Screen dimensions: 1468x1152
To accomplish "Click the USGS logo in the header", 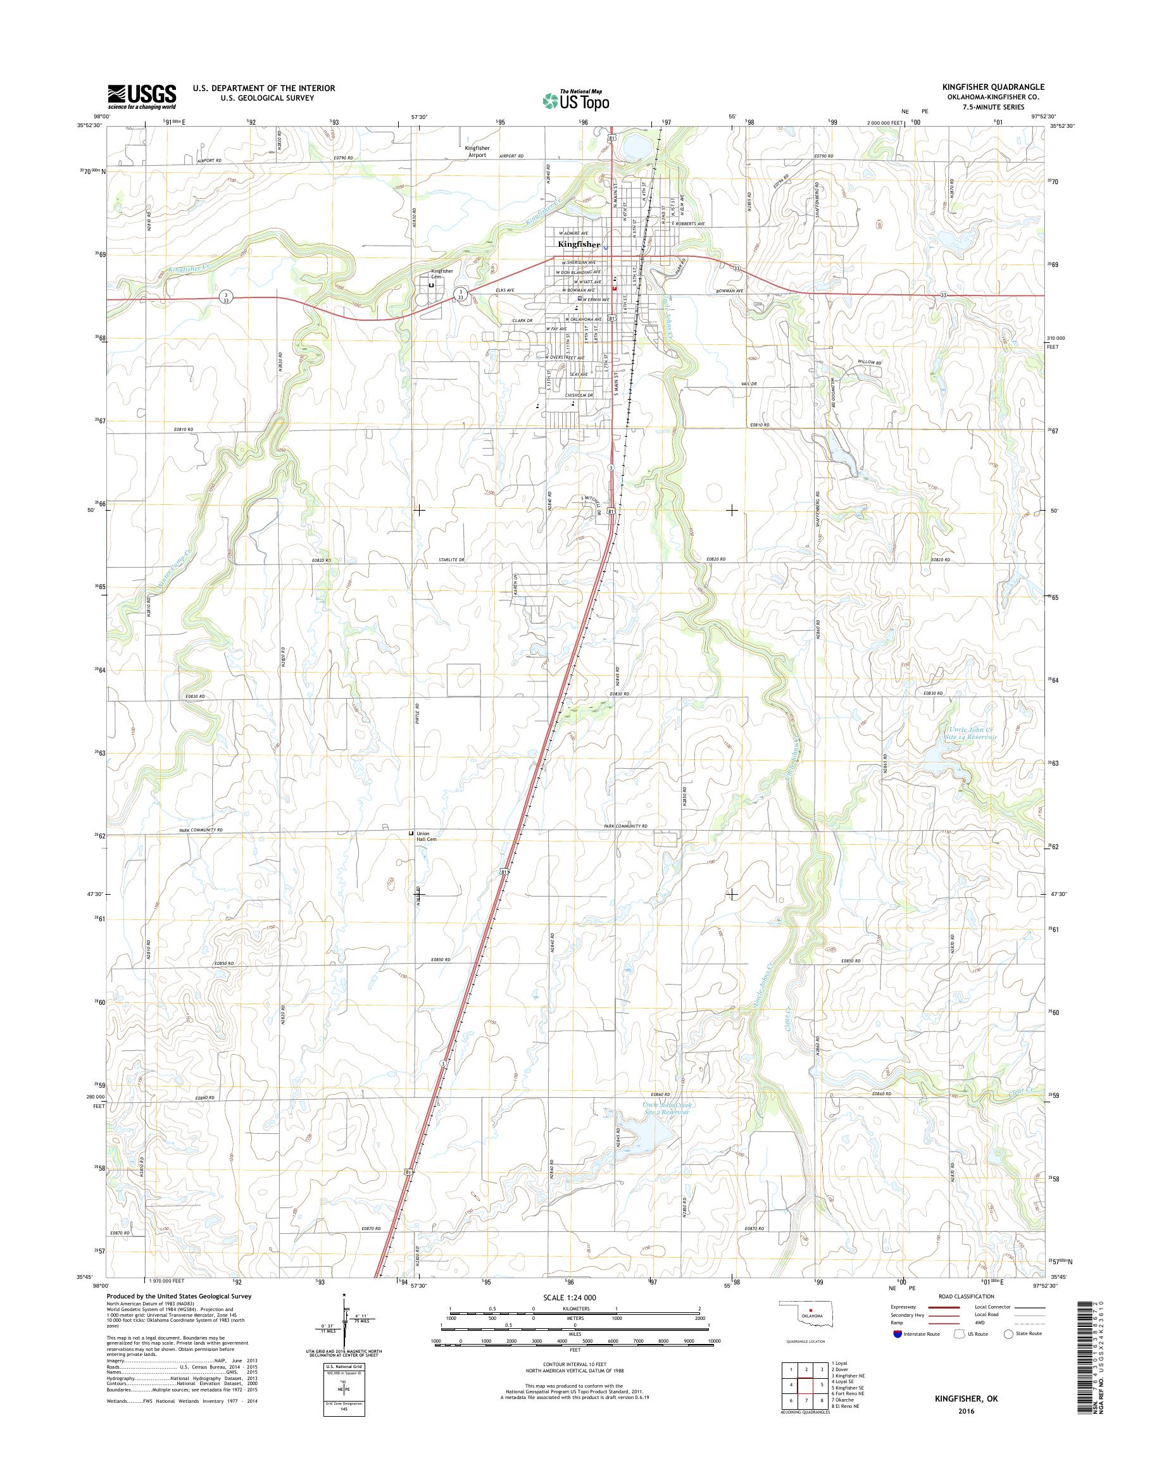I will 142,96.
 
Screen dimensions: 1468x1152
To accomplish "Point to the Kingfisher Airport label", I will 477,151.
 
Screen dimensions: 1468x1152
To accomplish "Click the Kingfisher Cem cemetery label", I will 442,274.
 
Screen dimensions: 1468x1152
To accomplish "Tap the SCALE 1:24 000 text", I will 569,1297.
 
